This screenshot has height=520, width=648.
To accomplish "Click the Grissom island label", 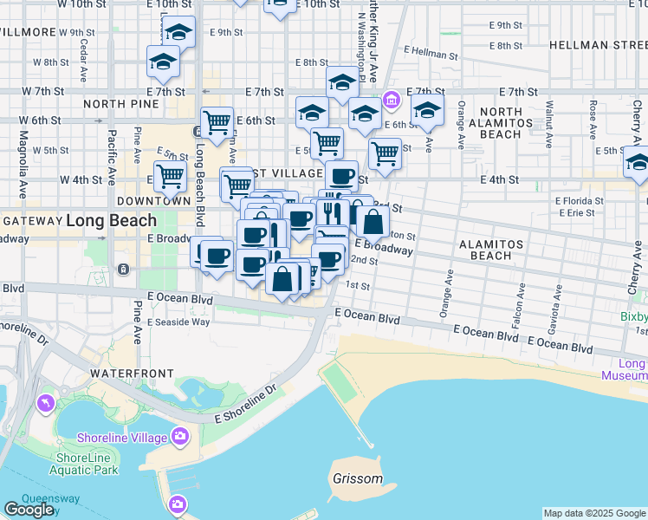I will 357,478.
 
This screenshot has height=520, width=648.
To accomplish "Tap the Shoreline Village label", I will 121,438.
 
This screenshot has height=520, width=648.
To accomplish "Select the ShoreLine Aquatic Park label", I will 86,464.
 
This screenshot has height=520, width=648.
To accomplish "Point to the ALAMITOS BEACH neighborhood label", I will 492,250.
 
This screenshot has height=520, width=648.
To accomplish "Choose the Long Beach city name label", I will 111,220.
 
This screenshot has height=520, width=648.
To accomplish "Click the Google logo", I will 29,510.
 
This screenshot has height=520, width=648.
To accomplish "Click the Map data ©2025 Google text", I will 594,513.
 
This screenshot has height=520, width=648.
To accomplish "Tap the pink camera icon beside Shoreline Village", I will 180,435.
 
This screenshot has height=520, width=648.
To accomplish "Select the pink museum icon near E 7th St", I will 392,101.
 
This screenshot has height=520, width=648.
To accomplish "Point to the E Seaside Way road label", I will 178,322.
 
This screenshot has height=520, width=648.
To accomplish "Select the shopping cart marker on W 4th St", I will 172,176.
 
